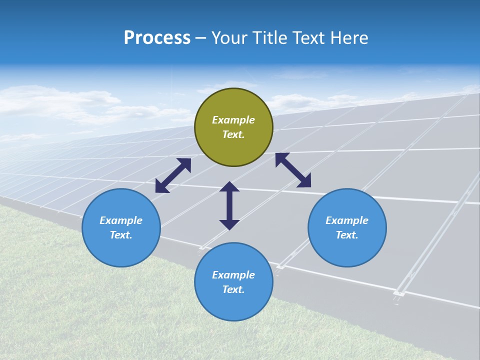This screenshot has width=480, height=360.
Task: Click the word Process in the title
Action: point(157,38)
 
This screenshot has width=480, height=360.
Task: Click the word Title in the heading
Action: point(269,38)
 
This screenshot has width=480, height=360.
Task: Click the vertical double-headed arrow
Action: point(229,205)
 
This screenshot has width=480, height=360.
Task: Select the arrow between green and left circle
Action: point(173,175)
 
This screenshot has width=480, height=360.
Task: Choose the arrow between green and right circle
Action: point(293,170)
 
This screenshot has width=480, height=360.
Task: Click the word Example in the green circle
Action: point(233,120)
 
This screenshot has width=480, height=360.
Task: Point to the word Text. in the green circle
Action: point(233,134)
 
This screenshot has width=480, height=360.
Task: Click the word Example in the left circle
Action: point(121,220)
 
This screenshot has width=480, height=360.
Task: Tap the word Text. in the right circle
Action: point(347,235)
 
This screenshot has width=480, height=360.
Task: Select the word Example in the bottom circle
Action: point(233,275)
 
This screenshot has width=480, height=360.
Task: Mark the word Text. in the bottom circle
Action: point(233,289)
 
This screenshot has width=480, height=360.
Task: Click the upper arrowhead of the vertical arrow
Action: point(229,186)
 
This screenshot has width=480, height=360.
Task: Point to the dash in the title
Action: point(200,38)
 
